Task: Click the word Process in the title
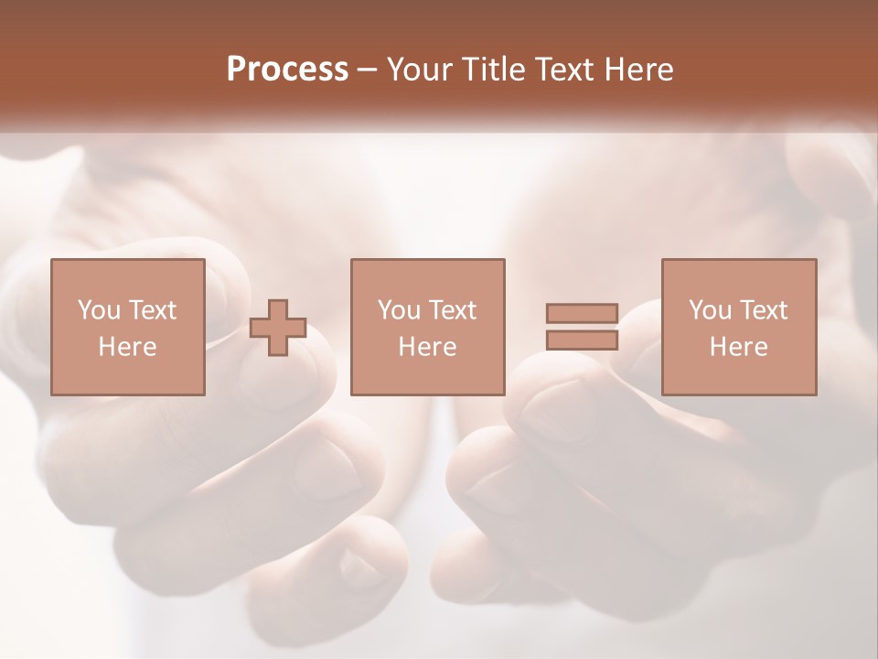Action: click(x=287, y=70)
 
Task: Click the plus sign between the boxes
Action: click(x=278, y=327)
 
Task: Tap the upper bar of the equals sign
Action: click(x=582, y=314)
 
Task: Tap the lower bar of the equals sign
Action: click(x=582, y=340)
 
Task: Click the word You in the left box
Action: click(x=98, y=310)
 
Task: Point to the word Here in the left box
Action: click(x=127, y=347)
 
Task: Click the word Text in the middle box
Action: click(x=452, y=310)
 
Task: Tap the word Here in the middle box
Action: click(x=427, y=347)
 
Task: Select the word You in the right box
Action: click(x=709, y=310)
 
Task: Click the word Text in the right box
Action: click(x=763, y=310)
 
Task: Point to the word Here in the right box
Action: click(x=739, y=347)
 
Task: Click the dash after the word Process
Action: click(x=368, y=70)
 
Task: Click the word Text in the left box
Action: click(x=152, y=310)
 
